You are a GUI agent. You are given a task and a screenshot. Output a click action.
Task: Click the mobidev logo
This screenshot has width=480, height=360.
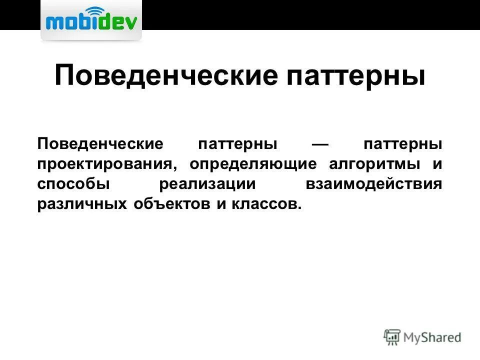coord(90,21)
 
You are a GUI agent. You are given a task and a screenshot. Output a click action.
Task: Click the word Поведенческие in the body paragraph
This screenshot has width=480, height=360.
coord(100,144)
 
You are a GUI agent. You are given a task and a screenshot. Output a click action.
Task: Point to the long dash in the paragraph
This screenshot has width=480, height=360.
coord(319,144)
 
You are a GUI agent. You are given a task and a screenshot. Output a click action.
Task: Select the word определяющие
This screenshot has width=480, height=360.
coord(253,164)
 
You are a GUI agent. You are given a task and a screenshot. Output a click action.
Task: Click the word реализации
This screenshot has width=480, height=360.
coord(207,184)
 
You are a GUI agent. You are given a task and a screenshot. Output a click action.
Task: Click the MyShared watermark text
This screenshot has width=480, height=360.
coord(432,337)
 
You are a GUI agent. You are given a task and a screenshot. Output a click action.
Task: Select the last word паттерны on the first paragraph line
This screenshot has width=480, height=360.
coord(403,144)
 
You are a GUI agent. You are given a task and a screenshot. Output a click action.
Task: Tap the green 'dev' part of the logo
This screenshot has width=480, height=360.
coord(117,22)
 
